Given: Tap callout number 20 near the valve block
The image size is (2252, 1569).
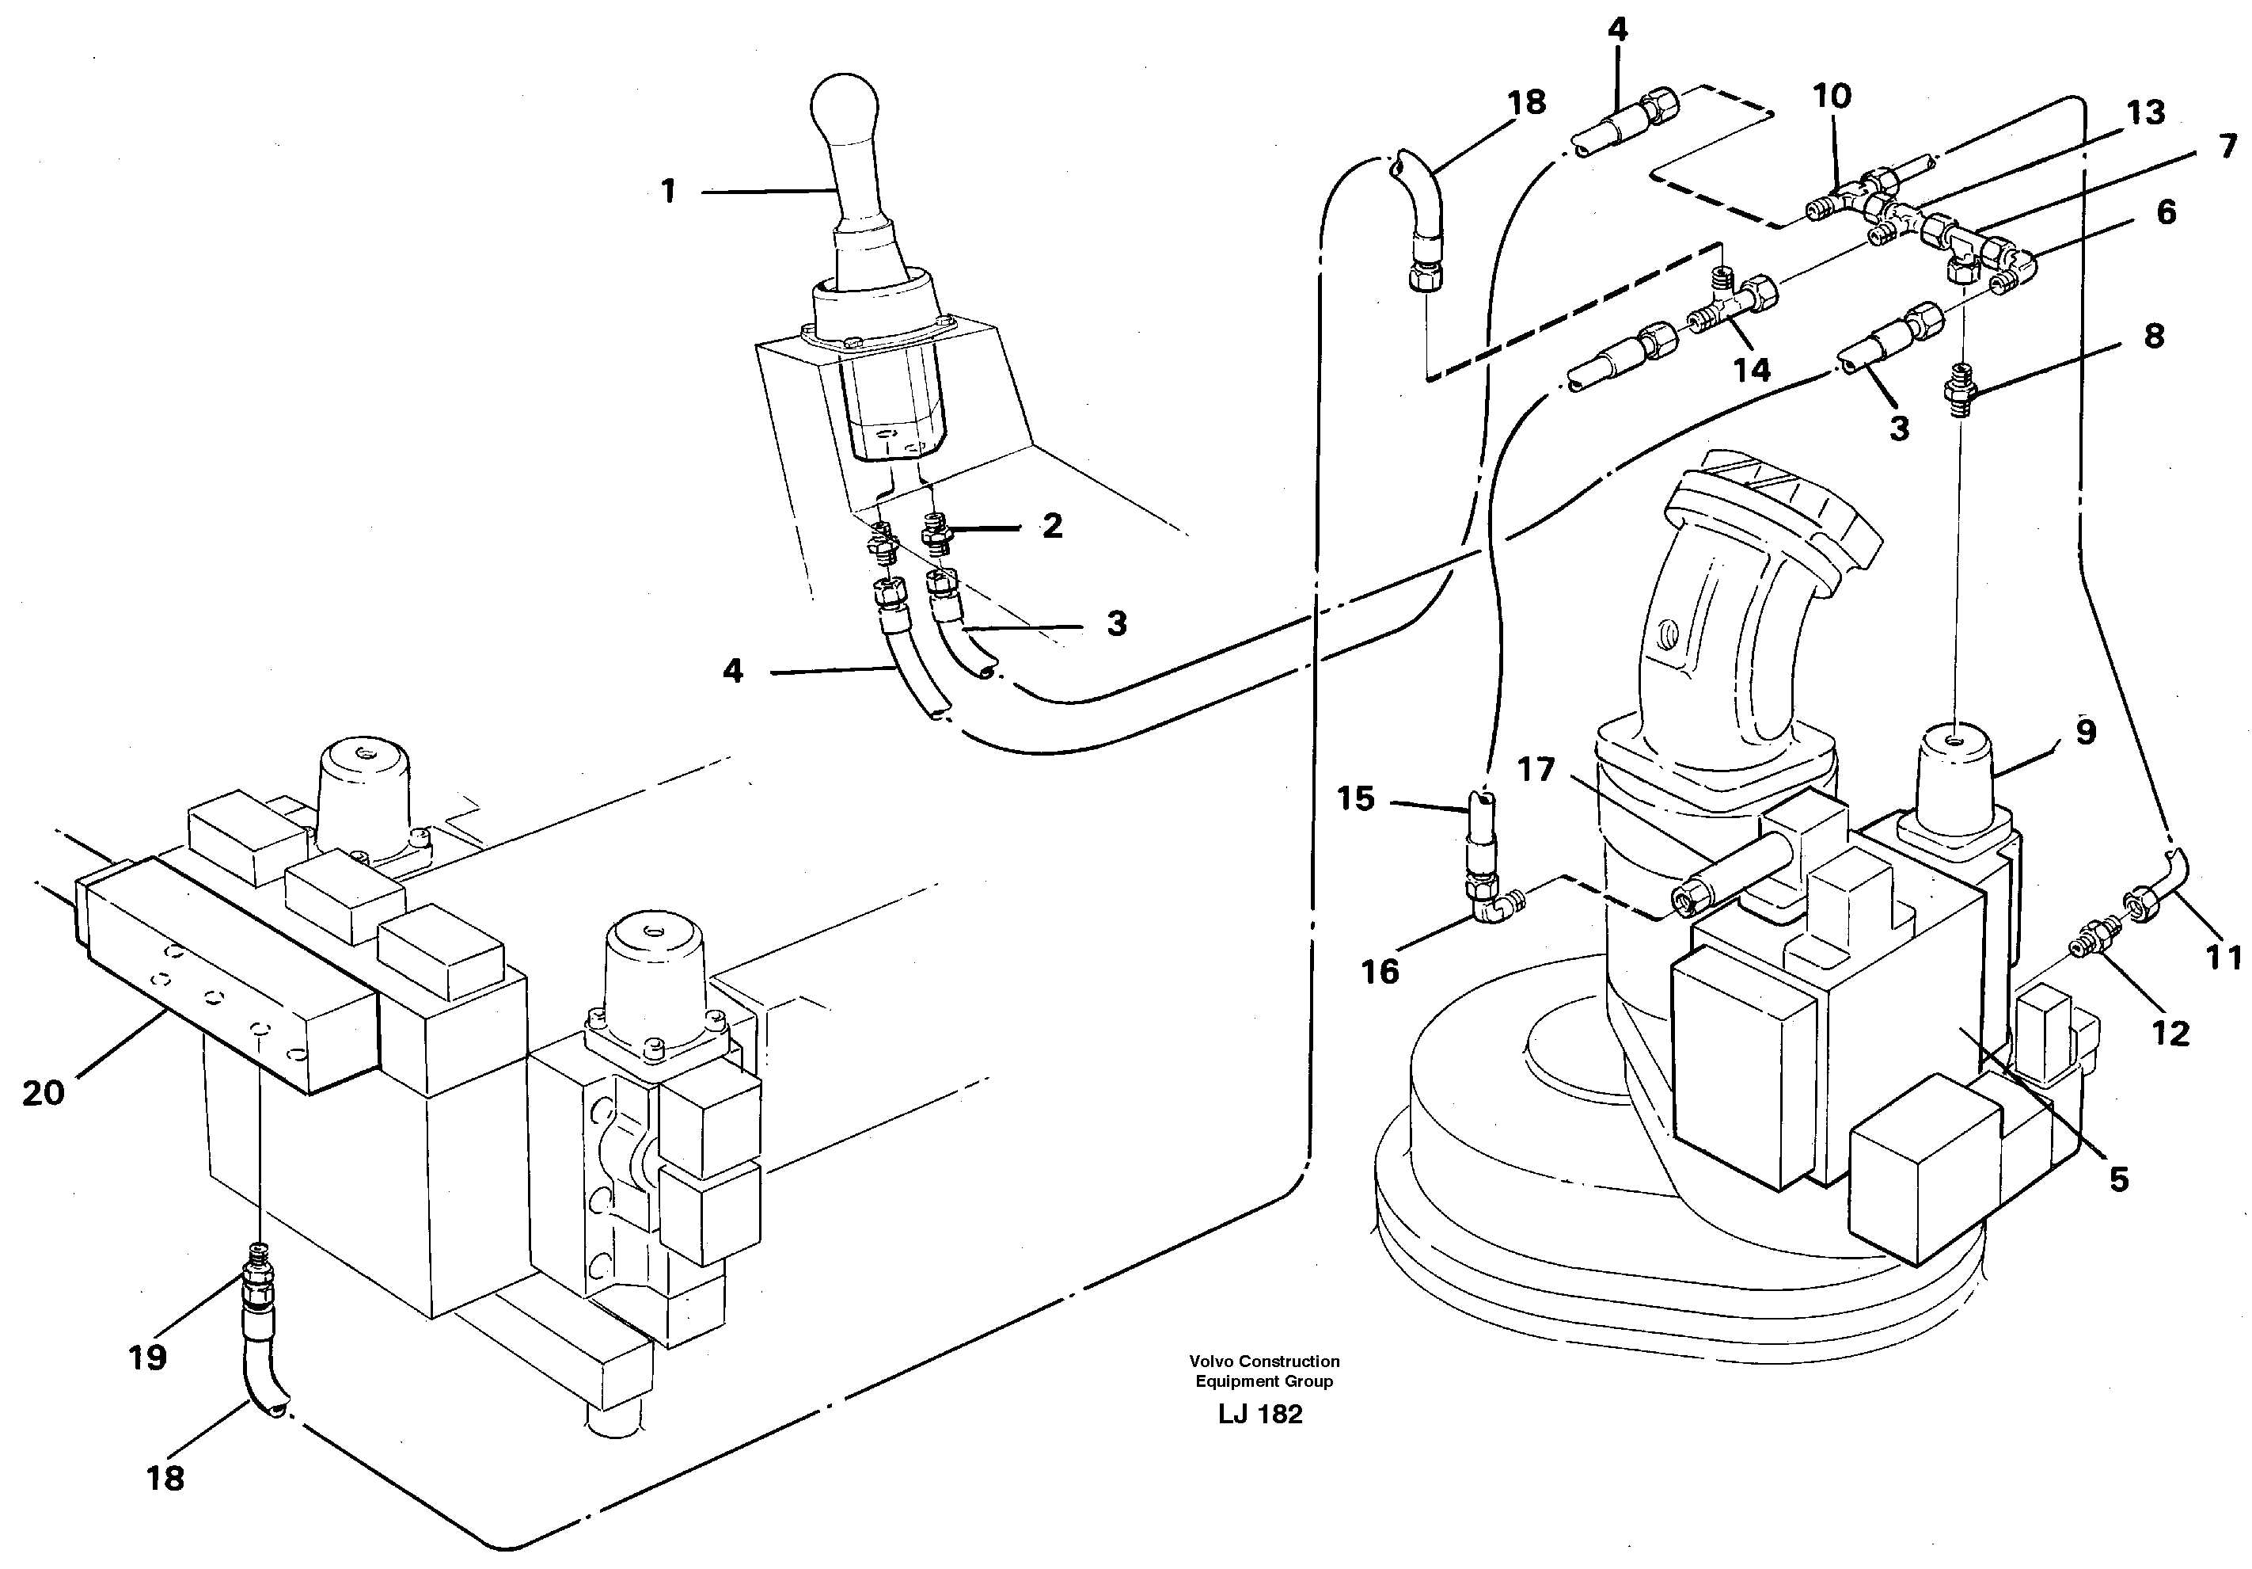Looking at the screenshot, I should pos(44,1093).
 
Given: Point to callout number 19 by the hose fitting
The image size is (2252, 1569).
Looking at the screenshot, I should pos(147,1358).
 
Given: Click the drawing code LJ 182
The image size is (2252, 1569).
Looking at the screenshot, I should pos(1260,1414).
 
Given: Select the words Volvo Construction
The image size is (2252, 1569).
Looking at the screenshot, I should pos(1264,1361).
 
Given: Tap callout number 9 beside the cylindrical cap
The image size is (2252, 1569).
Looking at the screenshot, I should pos(2085,732).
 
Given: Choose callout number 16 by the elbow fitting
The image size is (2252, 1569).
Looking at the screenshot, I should pos(1379,972).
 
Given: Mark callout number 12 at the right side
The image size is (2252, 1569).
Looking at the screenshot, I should pos(2170,1034).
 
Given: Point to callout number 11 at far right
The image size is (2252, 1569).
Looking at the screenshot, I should pos(2223,957).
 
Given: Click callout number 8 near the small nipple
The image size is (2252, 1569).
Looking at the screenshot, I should pos(2154,337).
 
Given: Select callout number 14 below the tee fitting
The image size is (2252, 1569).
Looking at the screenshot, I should pos(1752,370).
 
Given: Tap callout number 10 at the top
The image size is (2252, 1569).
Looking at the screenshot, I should pos(1831,96).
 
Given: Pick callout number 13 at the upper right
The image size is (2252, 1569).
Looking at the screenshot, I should pos(2144,112).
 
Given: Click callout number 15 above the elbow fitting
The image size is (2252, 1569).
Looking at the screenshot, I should pos(1355,798).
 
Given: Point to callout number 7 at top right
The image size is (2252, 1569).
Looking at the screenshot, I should pos(2227,147).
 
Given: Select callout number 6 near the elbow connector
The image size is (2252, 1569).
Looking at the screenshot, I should pos(2166,212).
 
